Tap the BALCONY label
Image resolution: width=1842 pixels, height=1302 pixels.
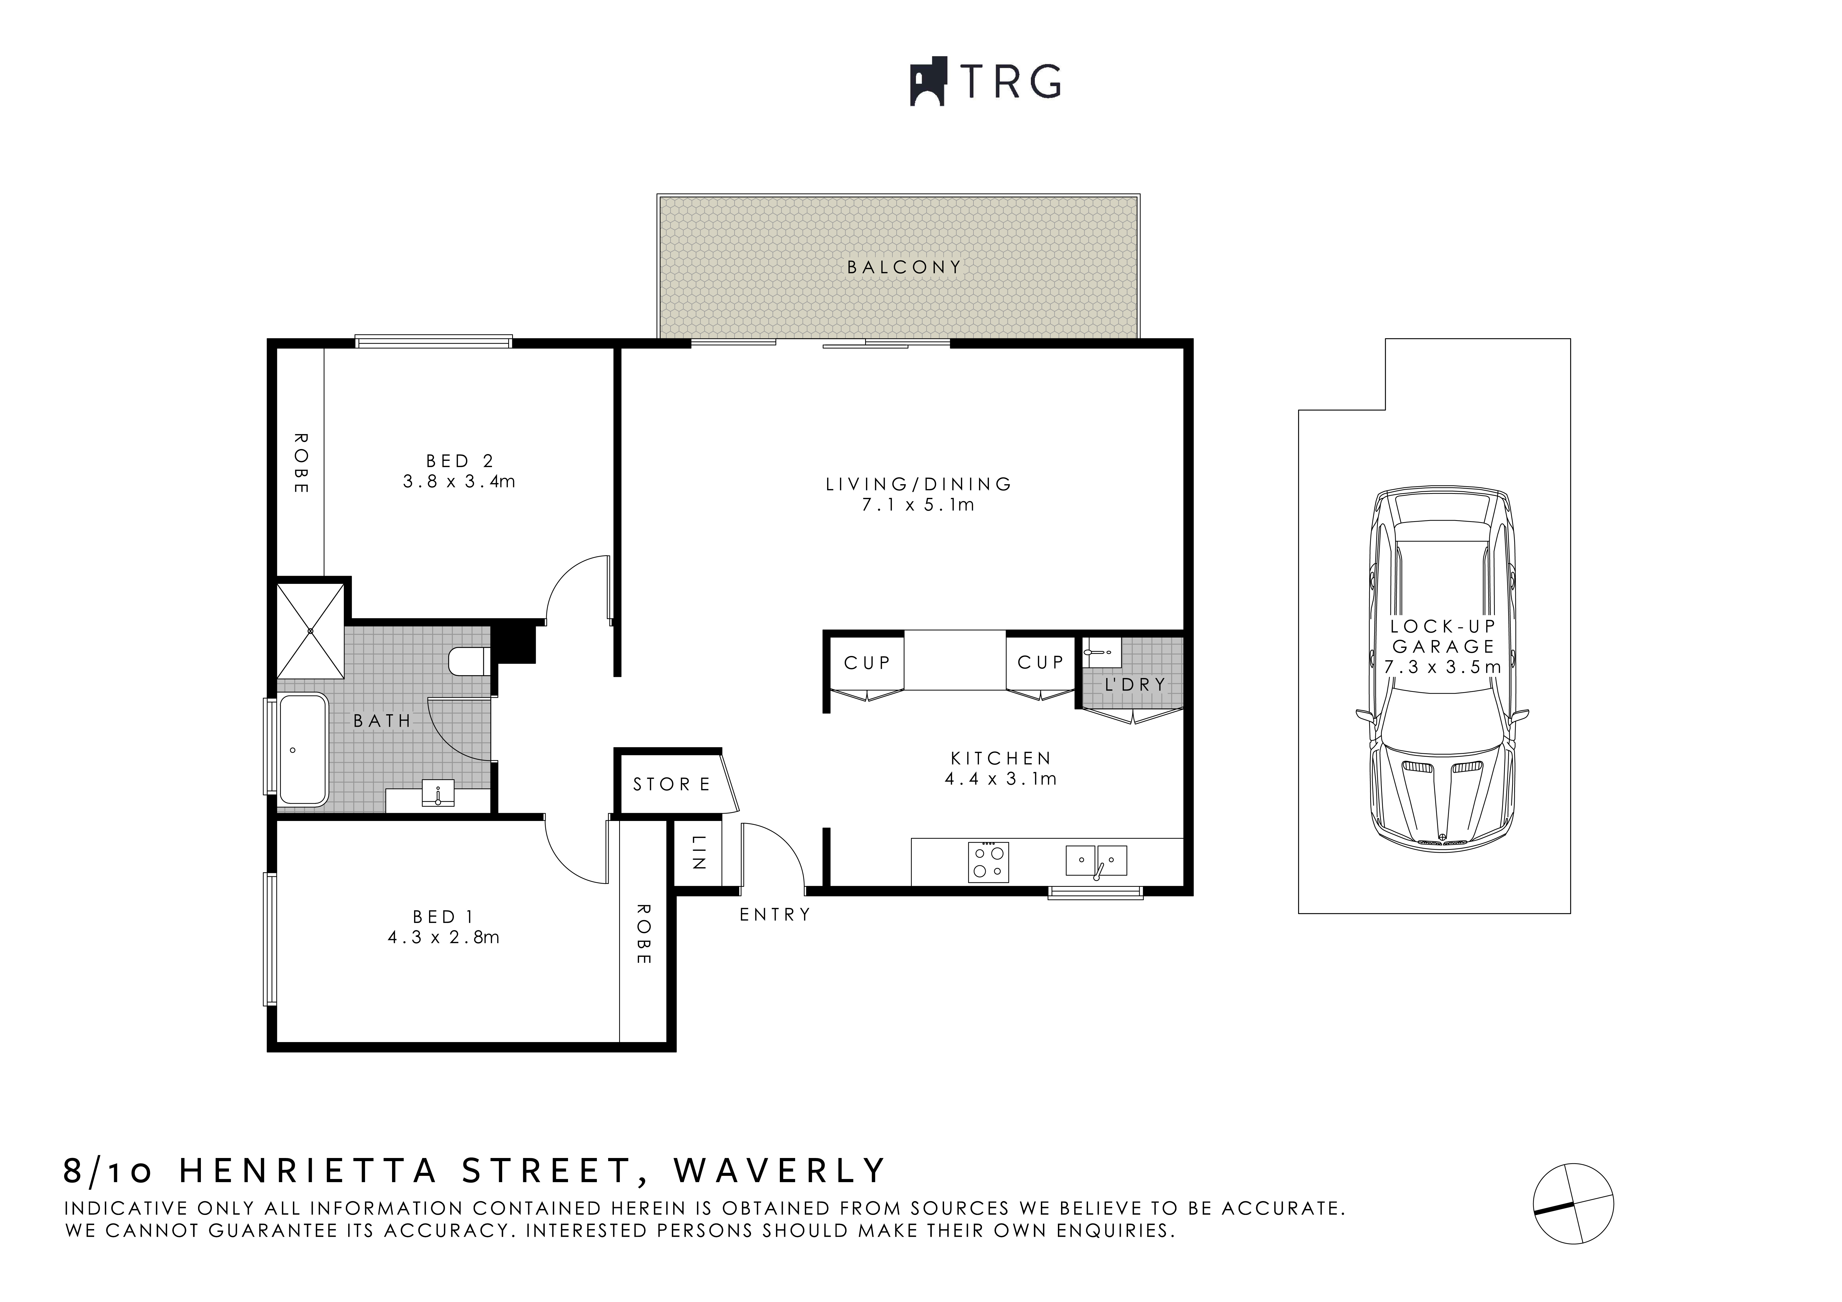[x=904, y=267]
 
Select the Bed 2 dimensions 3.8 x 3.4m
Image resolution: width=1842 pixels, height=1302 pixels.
[x=459, y=481]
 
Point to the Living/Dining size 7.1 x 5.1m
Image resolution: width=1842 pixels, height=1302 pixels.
[x=919, y=505]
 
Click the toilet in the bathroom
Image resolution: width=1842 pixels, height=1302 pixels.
[x=469, y=662]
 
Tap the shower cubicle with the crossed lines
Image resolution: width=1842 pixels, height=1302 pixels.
[x=310, y=631]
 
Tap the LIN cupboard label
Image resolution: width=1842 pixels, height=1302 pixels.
[x=698, y=853]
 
